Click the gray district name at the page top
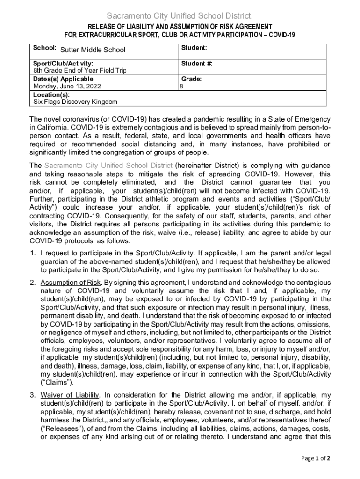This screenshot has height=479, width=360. pyautogui.click(x=180, y=16)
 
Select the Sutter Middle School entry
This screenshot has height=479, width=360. pyautogui.click(x=93, y=50)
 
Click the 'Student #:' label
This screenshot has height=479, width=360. pyautogui.click(x=197, y=63)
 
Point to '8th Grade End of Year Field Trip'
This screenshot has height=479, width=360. pyautogui.click(x=79, y=71)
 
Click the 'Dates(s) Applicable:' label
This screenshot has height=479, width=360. pyautogui.click(x=64, y=79)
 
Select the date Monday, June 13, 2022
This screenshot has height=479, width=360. pyautogui.click(x=67, y=86)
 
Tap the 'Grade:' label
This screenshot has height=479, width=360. pyautogui.click(x=192, y=79)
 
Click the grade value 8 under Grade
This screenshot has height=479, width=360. pyautogui.click(x=182, y=87)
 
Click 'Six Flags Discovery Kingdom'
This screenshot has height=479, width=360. pyautogui.click(x=75, y=102)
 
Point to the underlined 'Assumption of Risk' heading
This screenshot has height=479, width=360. pyautogui.click(x=71, y=283)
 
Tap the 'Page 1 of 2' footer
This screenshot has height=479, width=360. pyautogui.click(x=317, y=458)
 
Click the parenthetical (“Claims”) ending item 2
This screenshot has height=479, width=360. pyautogui.click(x=57, y=382)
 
